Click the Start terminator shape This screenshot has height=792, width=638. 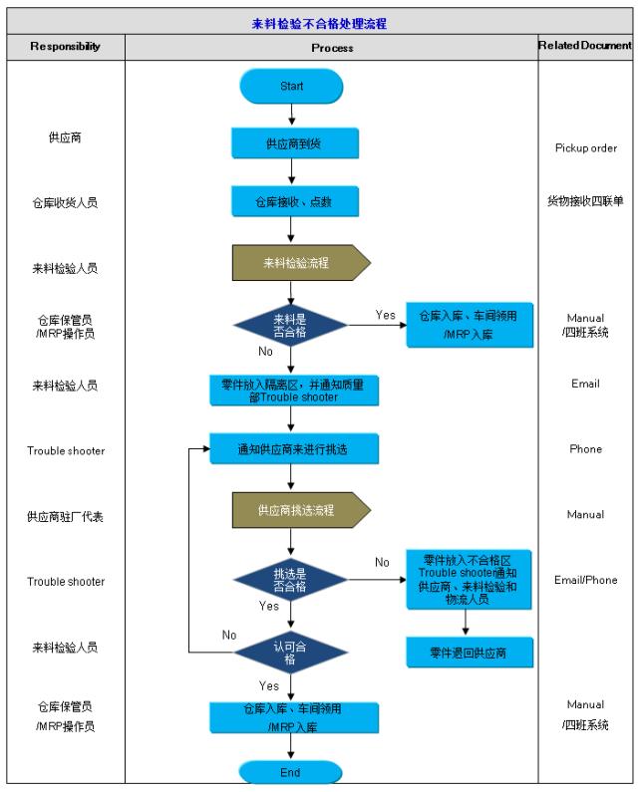click(x=291, y=87)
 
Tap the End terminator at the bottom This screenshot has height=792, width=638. click(x=290, y=772)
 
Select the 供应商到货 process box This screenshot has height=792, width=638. click(x=291, y=143)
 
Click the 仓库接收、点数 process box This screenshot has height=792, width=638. click(x=291, y=201)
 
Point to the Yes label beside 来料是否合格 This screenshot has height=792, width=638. click(x=385, y=315)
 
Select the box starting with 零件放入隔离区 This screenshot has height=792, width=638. click(x=294, y=390)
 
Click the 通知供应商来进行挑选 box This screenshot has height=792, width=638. click(x=294, y=449)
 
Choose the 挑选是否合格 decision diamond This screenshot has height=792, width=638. click(x=290, y=581)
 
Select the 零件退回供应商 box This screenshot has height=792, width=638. click(x=469, y=653)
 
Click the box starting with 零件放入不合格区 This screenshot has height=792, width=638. click(x=469, y=579)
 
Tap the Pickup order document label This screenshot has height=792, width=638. click(x=585, y=147)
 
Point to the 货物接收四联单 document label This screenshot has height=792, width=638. click(x=585, y=201)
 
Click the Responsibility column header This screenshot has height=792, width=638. click(x=65, y=47)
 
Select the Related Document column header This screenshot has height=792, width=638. click(x=585, y=46)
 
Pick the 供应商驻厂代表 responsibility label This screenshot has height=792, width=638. click(x=65, y=517)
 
